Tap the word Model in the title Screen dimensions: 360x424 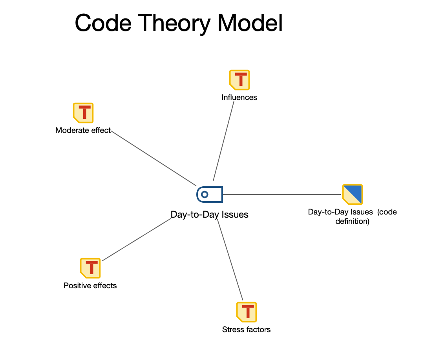click(250, 23)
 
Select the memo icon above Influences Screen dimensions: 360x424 click(239, 80)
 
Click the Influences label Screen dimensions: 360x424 click(239, 97)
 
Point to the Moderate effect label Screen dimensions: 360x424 click(83, 130)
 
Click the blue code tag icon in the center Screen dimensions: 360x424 click(210, 194)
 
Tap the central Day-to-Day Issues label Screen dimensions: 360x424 click(209, 215)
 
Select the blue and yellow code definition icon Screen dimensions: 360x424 click(352, 194)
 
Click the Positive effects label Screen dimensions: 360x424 click(90, 285)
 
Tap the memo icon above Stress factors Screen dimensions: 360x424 click(246, 312)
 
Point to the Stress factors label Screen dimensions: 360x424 click(246, 329)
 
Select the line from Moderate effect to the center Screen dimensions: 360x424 click(153, 158)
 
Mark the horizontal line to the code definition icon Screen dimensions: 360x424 click(281, 194)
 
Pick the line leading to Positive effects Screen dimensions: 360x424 click(137, 239)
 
